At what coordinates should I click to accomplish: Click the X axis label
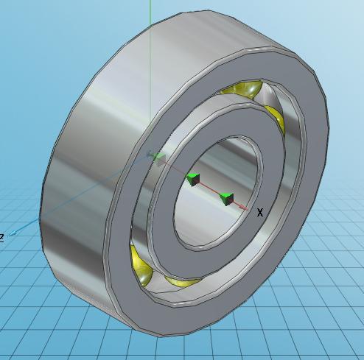260,213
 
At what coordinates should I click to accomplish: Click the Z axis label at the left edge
2,237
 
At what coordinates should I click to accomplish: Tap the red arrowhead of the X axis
246,208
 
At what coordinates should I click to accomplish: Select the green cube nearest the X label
226,198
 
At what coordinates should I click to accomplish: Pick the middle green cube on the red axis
193,179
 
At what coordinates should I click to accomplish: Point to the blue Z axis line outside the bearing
29,225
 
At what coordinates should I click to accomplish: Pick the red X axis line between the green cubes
210,189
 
